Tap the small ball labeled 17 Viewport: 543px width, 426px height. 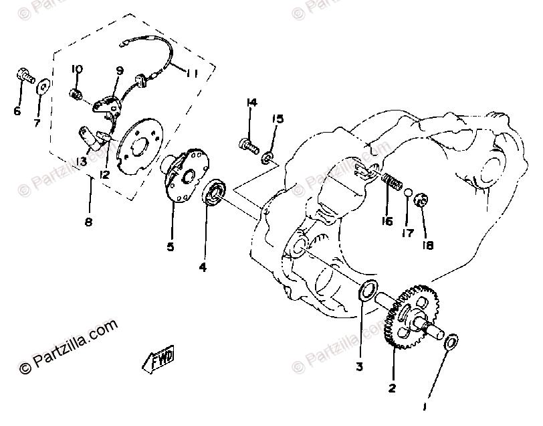point(407,194)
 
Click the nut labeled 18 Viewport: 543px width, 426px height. point(423,199)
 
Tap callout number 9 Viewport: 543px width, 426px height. point(120,70)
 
